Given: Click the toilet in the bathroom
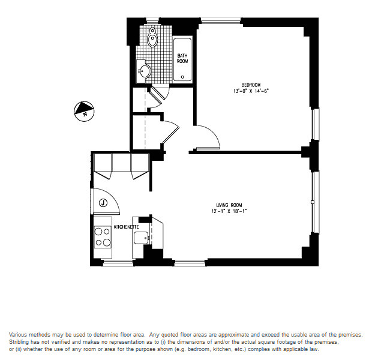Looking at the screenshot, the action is (152, 38).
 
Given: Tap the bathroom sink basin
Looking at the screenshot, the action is (143, 71).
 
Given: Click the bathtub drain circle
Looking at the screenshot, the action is (183, 77).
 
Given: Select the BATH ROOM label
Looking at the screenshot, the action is (182, 58).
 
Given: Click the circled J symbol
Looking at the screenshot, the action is (103, 203).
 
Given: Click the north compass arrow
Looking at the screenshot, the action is (83, 109).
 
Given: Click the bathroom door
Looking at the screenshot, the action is (160, 94).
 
